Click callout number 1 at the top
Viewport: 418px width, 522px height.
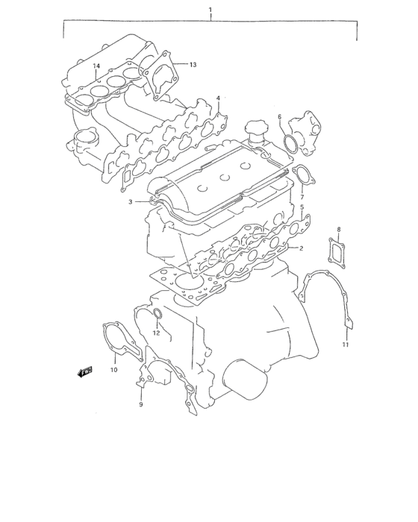[x=210, y=10]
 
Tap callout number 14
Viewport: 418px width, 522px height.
[x=96, y=66]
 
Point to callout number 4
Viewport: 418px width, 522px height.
[x=218, y=98]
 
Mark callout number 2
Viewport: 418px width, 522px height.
[x=302, y=248]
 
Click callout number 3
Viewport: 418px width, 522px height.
[x=130, y=202]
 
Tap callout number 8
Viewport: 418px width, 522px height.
[x=338, y=229]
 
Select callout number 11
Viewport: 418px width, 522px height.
[x=346, y=345]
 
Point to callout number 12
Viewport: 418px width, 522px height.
[x=157, y=333]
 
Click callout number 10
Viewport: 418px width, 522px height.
[x=114, y=370]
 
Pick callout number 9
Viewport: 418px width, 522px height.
[x=140, y=404]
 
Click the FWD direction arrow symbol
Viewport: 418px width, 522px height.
[x=84, y=371]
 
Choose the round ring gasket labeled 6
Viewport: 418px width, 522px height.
[x=291, y=143]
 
